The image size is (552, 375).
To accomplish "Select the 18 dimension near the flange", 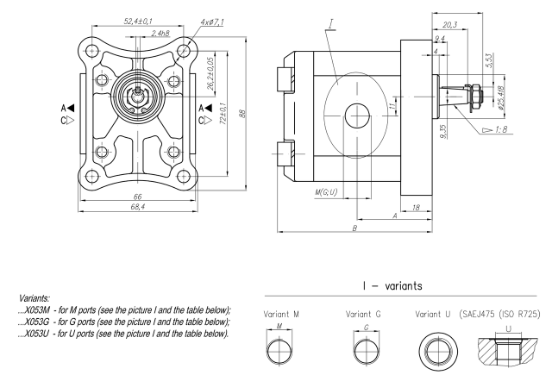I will click(417, 208).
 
